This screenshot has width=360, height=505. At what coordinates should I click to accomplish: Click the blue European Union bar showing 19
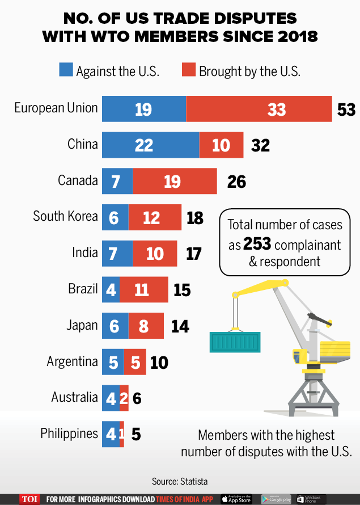[x=144, y=108]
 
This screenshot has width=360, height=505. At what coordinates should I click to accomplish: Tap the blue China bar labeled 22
[x=150, y=145]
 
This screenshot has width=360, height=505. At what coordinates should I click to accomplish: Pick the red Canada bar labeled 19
[x=175, y=182]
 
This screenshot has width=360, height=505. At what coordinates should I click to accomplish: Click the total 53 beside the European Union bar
[x=346, y=109]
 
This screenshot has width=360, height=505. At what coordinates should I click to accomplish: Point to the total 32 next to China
[x=260, y=145]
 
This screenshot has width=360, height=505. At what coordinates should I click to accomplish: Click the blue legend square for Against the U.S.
[x=66, y=71]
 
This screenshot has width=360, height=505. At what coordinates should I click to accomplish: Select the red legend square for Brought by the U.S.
[x=189, y=71]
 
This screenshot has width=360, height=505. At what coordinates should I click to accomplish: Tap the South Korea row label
[x=65, y=216]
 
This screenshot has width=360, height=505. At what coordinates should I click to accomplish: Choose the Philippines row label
[x=69, y=434]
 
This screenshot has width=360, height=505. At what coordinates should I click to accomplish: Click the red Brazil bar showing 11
[x=143, y=290]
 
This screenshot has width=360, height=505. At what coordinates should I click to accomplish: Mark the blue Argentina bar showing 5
[x=113, y=362]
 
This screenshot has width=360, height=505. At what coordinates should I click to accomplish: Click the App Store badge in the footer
[x=236, y=499]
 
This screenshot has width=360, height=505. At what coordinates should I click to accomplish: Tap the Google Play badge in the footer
[x=276, y=499]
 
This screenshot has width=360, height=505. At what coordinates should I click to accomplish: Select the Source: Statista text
[x=180, y=481]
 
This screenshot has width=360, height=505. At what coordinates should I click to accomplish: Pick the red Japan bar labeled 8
[x=146, y=326]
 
